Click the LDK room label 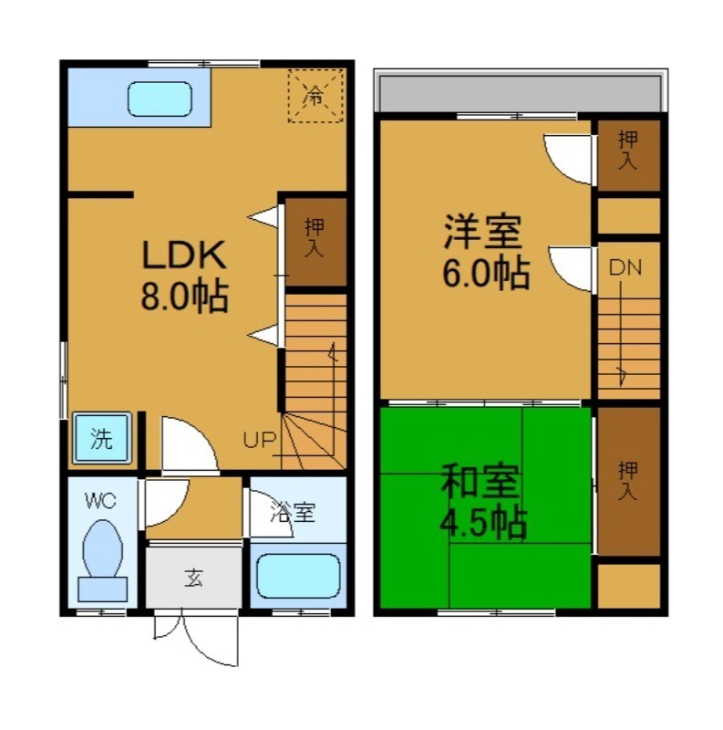pyautogui.click(x=184, y=255)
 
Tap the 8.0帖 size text pyautogui.click(x=184, y=296)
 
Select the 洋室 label pyautogui.click(x=482, y=232)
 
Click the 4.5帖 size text pyautogui.click(x=483, y=522)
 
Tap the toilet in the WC pyautogui.click(x=102, y=560)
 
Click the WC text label pyautogui.click(x=100, y=501)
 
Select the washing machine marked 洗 pyautogui.click(x=101, y=438)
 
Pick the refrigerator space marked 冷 pyautogui.click(x=315, y=96)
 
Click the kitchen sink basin pyautogui.click(x=160, y=99)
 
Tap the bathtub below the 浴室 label pyautogui.click(x=298, y=576)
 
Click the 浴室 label pyautogui.click(x=293, y=512)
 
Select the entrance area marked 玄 pyautogui.click(x=193, y=578)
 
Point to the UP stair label pyautogui.click(x=260, y=440)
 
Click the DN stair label pyautogui.click(x=625, y=267)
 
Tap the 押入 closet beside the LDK pyautogui.click(x=315, y=241)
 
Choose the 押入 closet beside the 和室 pyautogui.click(x=628, y=481)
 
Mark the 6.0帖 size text pyautogui.click(x=485, y=272)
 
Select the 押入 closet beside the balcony pyautogui.click(x=628, y=155)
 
